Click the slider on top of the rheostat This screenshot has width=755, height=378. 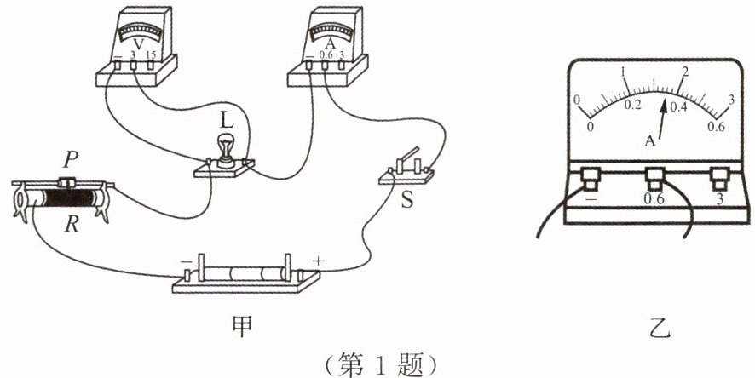point(66,181)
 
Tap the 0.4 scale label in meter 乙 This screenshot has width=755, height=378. point(678,106)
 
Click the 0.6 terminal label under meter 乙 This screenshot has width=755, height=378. point(654,199)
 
